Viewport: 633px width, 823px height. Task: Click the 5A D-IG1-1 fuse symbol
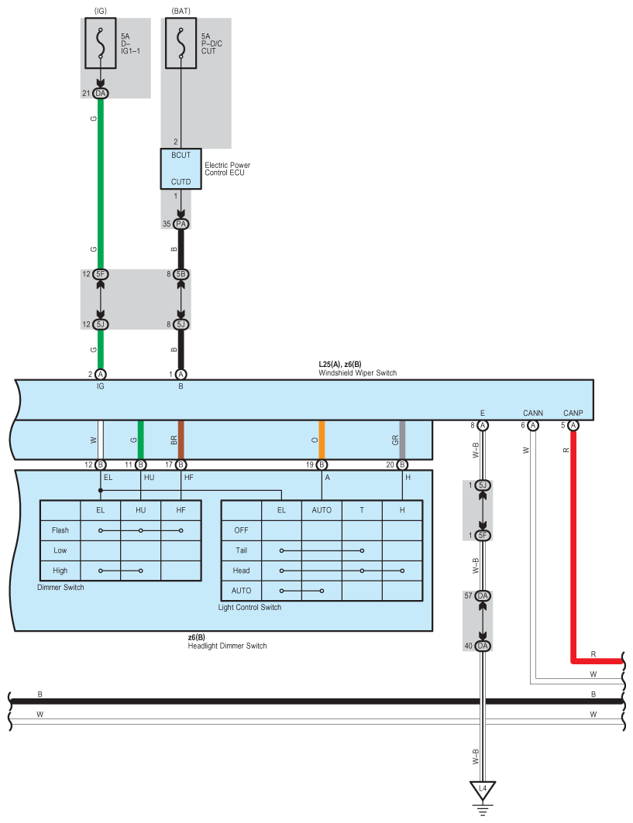pyautogui.click(x=101, y=44)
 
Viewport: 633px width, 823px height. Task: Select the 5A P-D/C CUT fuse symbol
pyautogui.click(x=181, y=44)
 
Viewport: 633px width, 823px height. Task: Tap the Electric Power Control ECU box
pyautogui.click(x=181, y=169)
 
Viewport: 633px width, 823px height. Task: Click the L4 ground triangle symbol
pyautogui.click(x=483, y=790)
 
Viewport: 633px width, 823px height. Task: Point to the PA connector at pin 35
pyautogui.click(x=181, y=224)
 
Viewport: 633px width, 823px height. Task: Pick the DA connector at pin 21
pyautogui.click(x=101, y=93)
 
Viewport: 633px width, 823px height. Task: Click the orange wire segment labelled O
pyautogui.click(x=322, y=440)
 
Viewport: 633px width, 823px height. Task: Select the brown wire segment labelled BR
pyautogui.click(x=181, y=440)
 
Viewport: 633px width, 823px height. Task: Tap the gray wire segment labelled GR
pyautogui.click(x=402, y=440)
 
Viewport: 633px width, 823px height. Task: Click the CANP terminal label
pyautogui.click(x=573, y=413)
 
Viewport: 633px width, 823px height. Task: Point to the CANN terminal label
pyautogui.click(x=532, y=413)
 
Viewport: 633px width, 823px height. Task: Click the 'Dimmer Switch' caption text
pyautogui.click(x=60, y=588)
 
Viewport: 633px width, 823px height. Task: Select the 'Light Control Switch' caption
pyautogui.click(x=249, y=607)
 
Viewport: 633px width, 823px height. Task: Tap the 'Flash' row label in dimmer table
pyautogui.click(x=60, y=530)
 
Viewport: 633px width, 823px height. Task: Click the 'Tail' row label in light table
pyautogui.click(x=241, y=550)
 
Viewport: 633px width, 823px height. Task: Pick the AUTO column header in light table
pyautogui.click(x=322, y=510)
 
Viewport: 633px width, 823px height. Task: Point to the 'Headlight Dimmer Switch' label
pyautogui.click(x=222, y=646)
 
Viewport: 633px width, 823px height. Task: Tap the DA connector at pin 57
pyautogui.click(x=483, y=595)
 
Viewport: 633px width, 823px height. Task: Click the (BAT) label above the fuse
pyautogui.click(x=181, y=10)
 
